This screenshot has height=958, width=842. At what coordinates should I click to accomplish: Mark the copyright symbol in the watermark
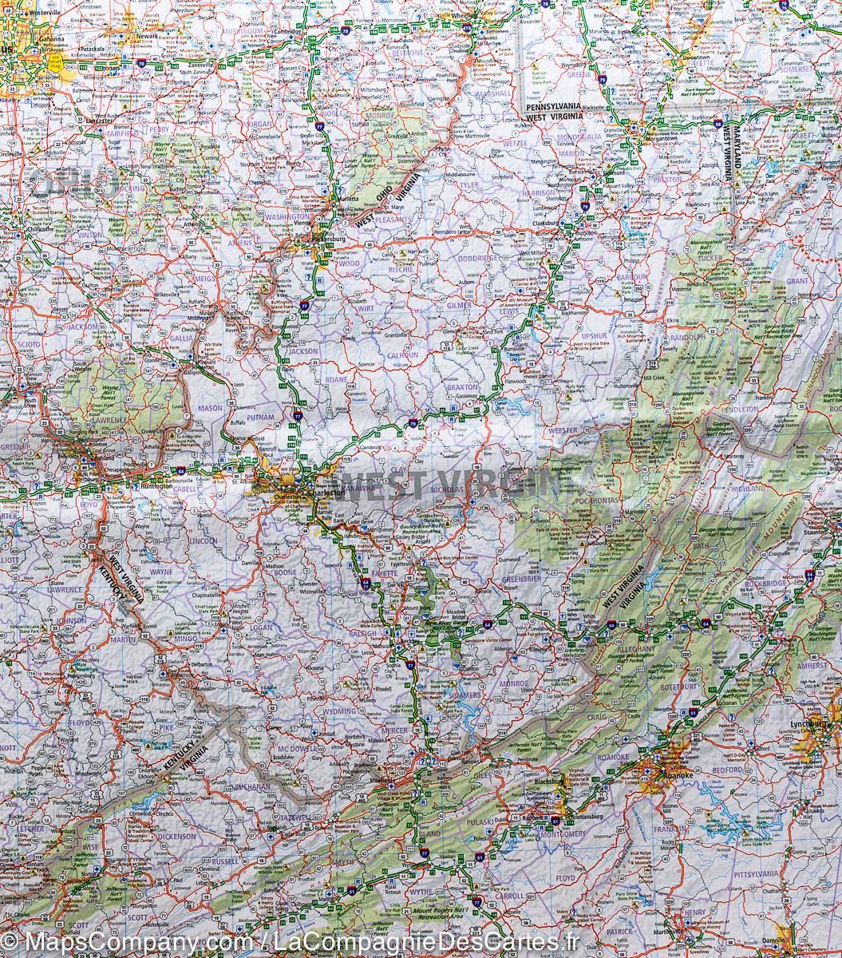click(10, 944)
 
